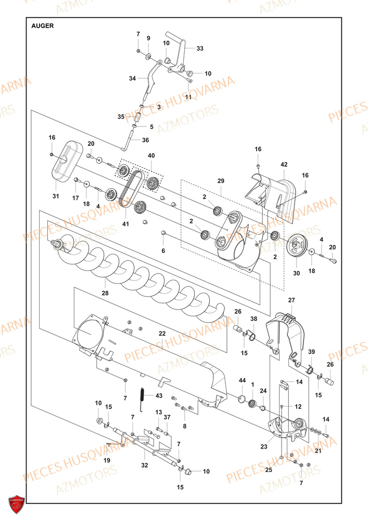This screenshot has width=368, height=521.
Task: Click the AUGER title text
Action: pyautogui.click(x=42, y=26)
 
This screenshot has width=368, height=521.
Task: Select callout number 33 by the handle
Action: pyautogui.click(x=200, y=48)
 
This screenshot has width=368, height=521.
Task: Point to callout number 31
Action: pyautogui.click(x=56, y=196)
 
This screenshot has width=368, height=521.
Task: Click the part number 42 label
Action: pyautogui.click(x=284, y=165)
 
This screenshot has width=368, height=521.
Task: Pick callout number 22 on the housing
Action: pyautogui.click(x=162, y=333)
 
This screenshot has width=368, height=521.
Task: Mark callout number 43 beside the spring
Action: pyautogui.click(x=159, y=396)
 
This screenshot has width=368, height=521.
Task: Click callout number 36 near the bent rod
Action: pyautogui.click(x=145, y=140)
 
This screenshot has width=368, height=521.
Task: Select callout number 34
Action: pyautogui.click(x=132, y=78)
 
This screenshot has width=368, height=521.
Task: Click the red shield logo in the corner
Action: pyautogui.click(x=17, y=504)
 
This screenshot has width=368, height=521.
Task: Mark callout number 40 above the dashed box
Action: pyautogui.click(x=151, y=156)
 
